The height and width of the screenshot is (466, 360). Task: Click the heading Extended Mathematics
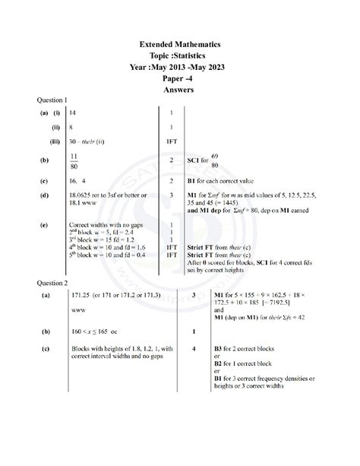(180, 46)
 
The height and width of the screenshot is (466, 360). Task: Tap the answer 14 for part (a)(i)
(72, 113)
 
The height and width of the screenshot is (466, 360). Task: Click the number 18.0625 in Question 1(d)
(82, 195)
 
